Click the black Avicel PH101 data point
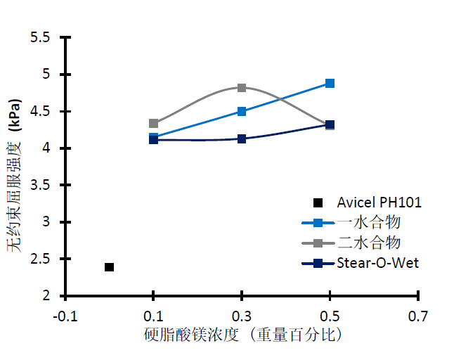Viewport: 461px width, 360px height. coord(109,267)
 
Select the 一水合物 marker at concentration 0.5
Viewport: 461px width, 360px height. coord(330,83)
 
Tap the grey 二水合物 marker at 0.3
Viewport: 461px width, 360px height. coord(242,88)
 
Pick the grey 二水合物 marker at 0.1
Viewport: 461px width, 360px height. coord(153,123)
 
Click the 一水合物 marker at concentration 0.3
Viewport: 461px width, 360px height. coord(242,111)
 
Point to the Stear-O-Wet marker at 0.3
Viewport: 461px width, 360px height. coord(242,139)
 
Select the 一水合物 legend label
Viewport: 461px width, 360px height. coord(368,223)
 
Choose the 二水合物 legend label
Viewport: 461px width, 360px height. coord(368,243)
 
